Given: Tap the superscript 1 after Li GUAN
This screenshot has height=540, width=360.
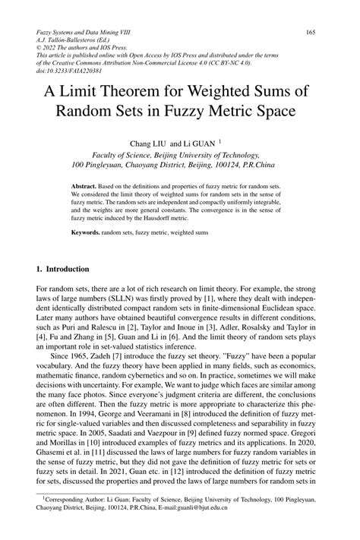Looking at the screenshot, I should pos(219,140).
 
